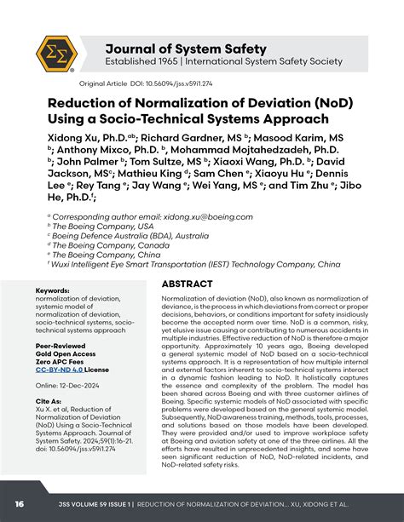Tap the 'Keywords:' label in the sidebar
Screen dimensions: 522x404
(52, 291)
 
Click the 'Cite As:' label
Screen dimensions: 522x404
(49, 400)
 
